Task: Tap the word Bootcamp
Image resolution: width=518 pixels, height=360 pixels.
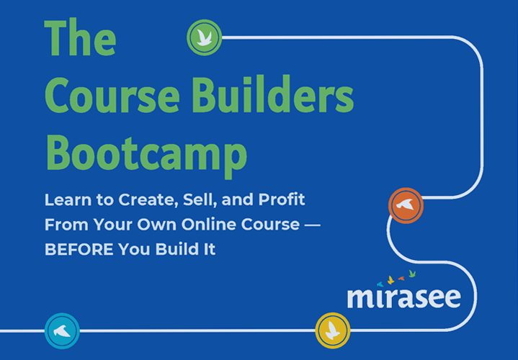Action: click(146, 153)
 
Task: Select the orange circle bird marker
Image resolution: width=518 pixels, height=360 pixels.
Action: click(406, 206)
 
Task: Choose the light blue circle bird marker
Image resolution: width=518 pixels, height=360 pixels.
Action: click(62, 330)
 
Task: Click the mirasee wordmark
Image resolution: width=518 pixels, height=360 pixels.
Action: click(403, 297)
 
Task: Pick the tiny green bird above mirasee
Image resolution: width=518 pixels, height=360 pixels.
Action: click(413, 274)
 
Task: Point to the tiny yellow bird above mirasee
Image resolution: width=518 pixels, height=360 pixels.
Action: click(391, 279)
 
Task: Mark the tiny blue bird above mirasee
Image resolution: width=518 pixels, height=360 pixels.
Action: click(380, 284)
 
